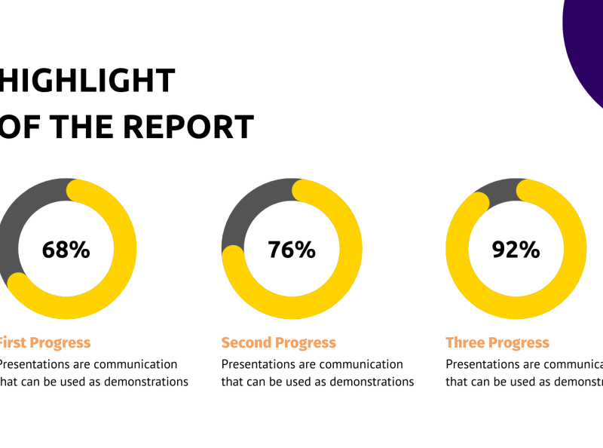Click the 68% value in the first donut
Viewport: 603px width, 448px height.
pyautogui.click(x=66, y=250)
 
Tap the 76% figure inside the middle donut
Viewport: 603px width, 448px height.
pyautogui.click(x=292, y=250)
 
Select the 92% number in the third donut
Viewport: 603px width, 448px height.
pyautogui.click(x=516, y=250)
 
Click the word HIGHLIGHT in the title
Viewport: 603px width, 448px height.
pyautogui.click(x=86, y=81)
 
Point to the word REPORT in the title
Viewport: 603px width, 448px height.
pyautogui.click(x=189, y=127)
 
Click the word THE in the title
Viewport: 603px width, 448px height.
pyautogui.click(x=82, y=127)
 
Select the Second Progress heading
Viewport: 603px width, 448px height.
pyautogui.click(x=278, y=343)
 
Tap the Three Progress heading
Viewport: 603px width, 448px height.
pyautogui.click(x=497, y=343)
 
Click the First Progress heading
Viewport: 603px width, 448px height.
pyautogui.click(x=44, y=343)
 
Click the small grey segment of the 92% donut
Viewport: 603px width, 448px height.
pyautogui.click(x=498, y=189)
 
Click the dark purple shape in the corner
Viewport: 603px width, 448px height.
pyautogui.click(x=588, y=45)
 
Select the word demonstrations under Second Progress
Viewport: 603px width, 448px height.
pyautogui.click(x=372, y=382)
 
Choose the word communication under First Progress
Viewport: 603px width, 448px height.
pyautogui.click(x=130, y=364)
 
